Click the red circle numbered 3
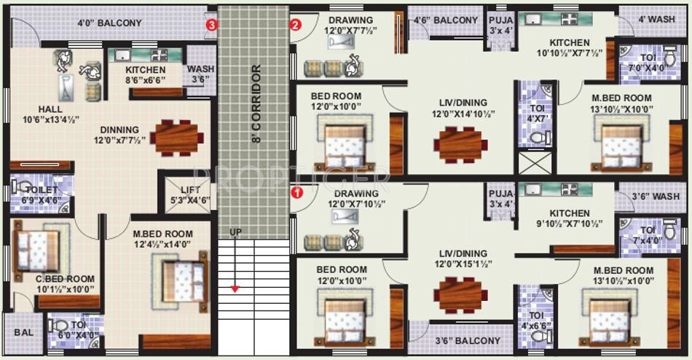pyautogui.click(x=211, y=24)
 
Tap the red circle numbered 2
pyautogui.click(x=295, y=24)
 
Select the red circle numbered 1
pyautogui.click(x=296, y=193)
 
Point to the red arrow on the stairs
pyautogui.click(x=235, y=288)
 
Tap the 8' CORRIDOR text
pyautogui.click(x=256, y=103)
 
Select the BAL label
pyautogui.click(x=23, y=332)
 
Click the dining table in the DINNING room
pyautogui.click(x=176, y=137)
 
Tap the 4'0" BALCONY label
pyautogui.click(x=109, y=23)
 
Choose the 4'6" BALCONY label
pyautogui.click(x=446, y=20)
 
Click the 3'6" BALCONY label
pyautogui.click(x=468, y=340)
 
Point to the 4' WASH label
pyautogui.click(x=656, y=20)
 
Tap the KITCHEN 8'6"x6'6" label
pyautogui.click(x=146, y=74)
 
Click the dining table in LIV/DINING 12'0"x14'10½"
pyautogui.click(x=459, y=144)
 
